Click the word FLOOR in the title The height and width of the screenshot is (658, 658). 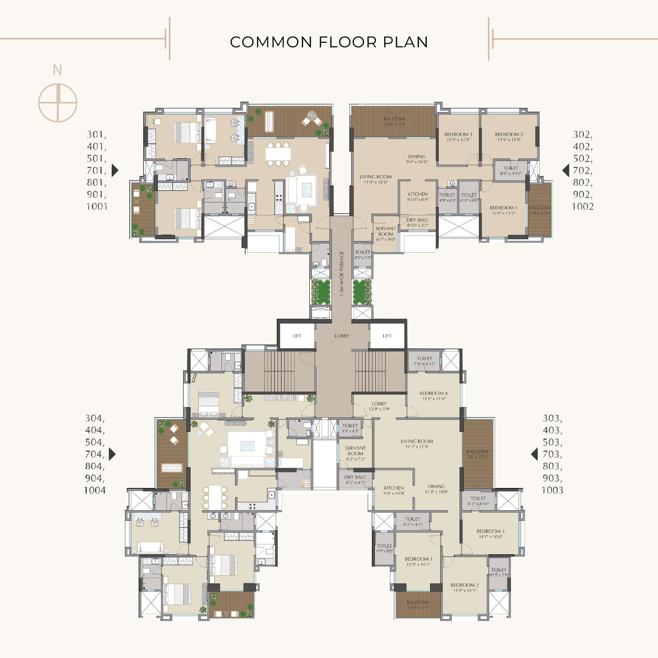348,42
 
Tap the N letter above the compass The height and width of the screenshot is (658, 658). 57,70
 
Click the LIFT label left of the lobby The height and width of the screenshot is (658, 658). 297,336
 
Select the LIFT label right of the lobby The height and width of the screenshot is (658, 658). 387,336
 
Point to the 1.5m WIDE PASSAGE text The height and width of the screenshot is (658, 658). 341,274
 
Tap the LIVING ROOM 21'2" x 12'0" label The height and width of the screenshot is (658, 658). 417,443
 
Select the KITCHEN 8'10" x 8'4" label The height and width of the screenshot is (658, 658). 418,197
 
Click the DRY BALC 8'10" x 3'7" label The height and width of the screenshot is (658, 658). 418,222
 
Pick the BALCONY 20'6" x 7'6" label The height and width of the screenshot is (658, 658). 395,121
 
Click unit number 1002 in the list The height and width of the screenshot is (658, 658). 582,206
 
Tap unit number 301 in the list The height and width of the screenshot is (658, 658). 96,134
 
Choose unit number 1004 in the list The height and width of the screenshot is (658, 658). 95,490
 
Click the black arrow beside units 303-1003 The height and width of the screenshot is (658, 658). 534,454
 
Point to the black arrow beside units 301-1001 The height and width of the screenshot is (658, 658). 115,170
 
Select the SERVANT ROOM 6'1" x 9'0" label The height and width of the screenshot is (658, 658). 386,234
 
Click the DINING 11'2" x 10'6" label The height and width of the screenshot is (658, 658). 436,489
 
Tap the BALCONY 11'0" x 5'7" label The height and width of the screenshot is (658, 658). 418,605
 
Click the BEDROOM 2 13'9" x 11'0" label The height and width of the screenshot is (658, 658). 509,137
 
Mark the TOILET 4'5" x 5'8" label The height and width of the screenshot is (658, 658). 362,255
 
